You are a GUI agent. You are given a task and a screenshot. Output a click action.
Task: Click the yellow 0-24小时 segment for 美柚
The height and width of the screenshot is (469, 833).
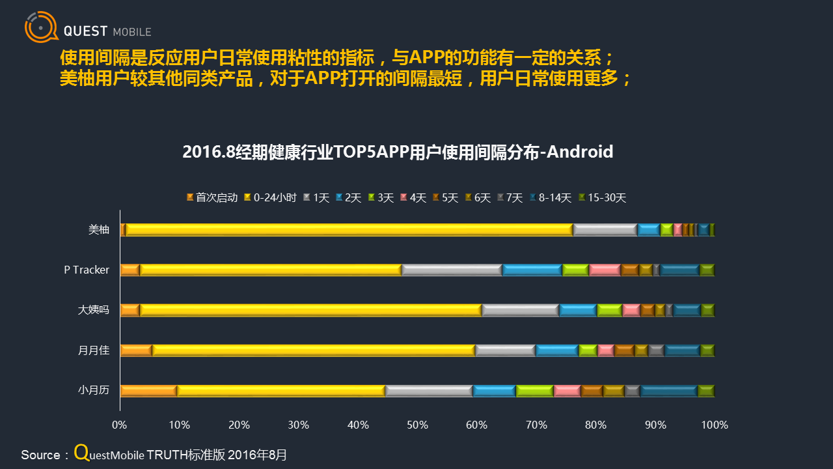coord(349,229)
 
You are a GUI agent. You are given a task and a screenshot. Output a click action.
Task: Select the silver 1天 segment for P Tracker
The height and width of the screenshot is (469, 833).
coord(452,270)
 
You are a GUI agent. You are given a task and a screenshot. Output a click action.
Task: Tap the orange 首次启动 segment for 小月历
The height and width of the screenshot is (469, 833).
coord(148,391)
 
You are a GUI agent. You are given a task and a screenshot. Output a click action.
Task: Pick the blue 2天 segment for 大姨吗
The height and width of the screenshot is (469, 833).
coord(578,310)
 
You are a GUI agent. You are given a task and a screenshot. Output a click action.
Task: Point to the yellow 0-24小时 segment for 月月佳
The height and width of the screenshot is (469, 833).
coord(314,350)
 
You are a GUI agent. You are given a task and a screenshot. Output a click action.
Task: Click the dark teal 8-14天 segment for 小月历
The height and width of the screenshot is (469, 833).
coord(669,391)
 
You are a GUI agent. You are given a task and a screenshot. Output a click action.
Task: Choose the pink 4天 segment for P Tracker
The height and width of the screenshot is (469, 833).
coord(605,270)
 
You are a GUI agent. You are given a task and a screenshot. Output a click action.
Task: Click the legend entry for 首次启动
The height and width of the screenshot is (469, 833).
coord(212,197)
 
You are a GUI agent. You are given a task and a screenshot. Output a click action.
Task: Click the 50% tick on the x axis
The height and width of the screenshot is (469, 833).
coord(418,425)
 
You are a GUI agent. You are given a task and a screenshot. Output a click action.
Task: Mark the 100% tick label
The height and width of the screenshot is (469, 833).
coord(715,425)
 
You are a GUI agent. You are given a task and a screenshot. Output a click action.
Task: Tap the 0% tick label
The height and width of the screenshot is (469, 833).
coord(120,425)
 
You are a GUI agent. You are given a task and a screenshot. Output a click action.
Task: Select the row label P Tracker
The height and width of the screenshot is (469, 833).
coord(87,270)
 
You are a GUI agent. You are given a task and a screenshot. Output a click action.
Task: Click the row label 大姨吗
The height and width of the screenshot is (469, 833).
coord(94,310)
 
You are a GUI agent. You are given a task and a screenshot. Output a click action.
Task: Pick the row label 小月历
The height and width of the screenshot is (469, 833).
coord(94,391)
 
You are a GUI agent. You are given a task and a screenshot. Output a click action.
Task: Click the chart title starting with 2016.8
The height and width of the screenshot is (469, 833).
coord(398,152)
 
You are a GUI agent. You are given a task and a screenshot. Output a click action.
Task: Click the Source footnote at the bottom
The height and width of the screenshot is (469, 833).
coord(154,454)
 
